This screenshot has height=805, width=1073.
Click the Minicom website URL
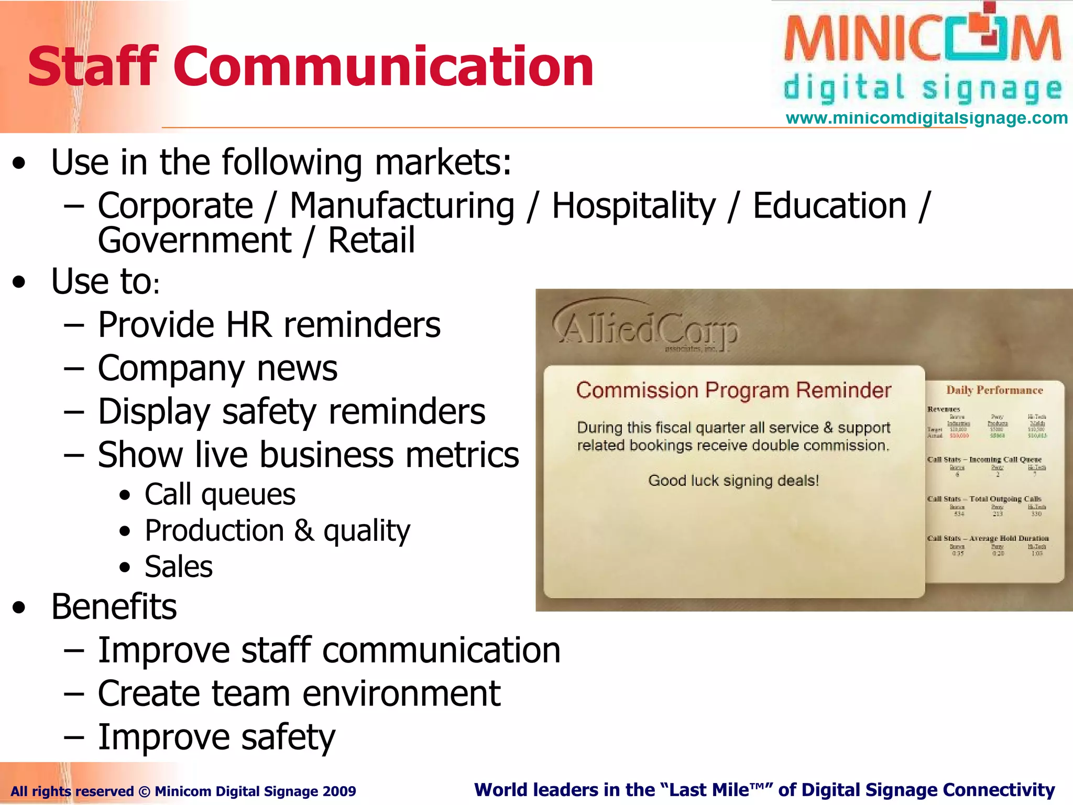pos(926,118)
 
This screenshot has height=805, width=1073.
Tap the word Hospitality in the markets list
pos(633,205)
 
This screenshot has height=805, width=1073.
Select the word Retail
pos(371,241)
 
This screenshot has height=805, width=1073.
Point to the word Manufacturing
pos(402,205)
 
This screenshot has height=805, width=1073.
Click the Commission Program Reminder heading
pos(733,390)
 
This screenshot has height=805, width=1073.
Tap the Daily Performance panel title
pos(994,390)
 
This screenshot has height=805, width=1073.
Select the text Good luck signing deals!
pos(733,481)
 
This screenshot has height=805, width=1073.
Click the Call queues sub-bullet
pos(220,494)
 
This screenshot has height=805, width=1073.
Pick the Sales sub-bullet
pos(179,567)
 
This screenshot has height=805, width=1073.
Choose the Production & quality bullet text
pos(278,530)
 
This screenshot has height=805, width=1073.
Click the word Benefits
pos(114,607)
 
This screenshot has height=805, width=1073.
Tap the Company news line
pos(217,368)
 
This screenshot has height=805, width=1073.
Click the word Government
pos(194,241)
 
